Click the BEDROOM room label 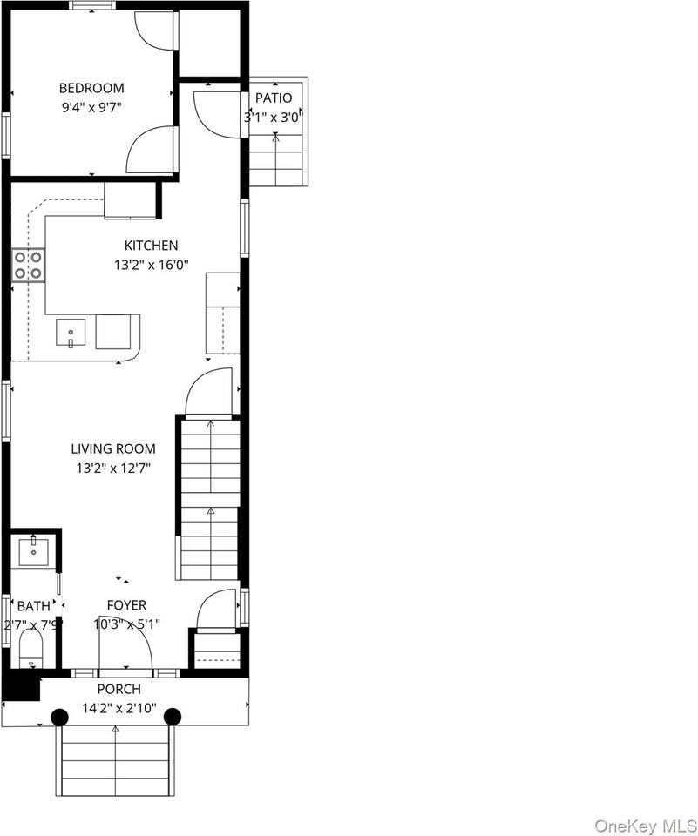pyautogui.click(x=91, y=88)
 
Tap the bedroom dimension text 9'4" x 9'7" pyautogui.click(x=91, y=108)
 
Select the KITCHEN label pyautogui.click(x=151, y=246)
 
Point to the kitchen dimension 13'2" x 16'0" pyautogui.click(x=152, y=265)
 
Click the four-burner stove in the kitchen pyautogui.click(x=28, y=265)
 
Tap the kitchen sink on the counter pyautogui.click(x=71, y=333)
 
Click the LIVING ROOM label pyautogui.click(x=113, y=448)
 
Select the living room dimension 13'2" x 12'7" pyautogui.click(x=113, y=469)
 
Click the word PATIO pyautogui.click(x=274, y=98)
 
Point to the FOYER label pyautogui.click(x=126, y=605)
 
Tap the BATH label pyautogui.click(x=34, y=606)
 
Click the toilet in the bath pyautogui.click(x=31, y=649)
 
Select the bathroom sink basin pyautogui.click(x=34, y=552)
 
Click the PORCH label pyautogui.click(x=119, y=689)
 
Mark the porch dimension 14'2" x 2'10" pyautogui.click(x=119, y=709)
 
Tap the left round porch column pyautogui.click(x=60, y=717)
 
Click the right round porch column pyautogui.click(x=173, y=717)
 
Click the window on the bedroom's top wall pyautogui.click(x=91, y=5)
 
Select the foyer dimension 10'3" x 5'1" pyautogui.click(x=127, y=624)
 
